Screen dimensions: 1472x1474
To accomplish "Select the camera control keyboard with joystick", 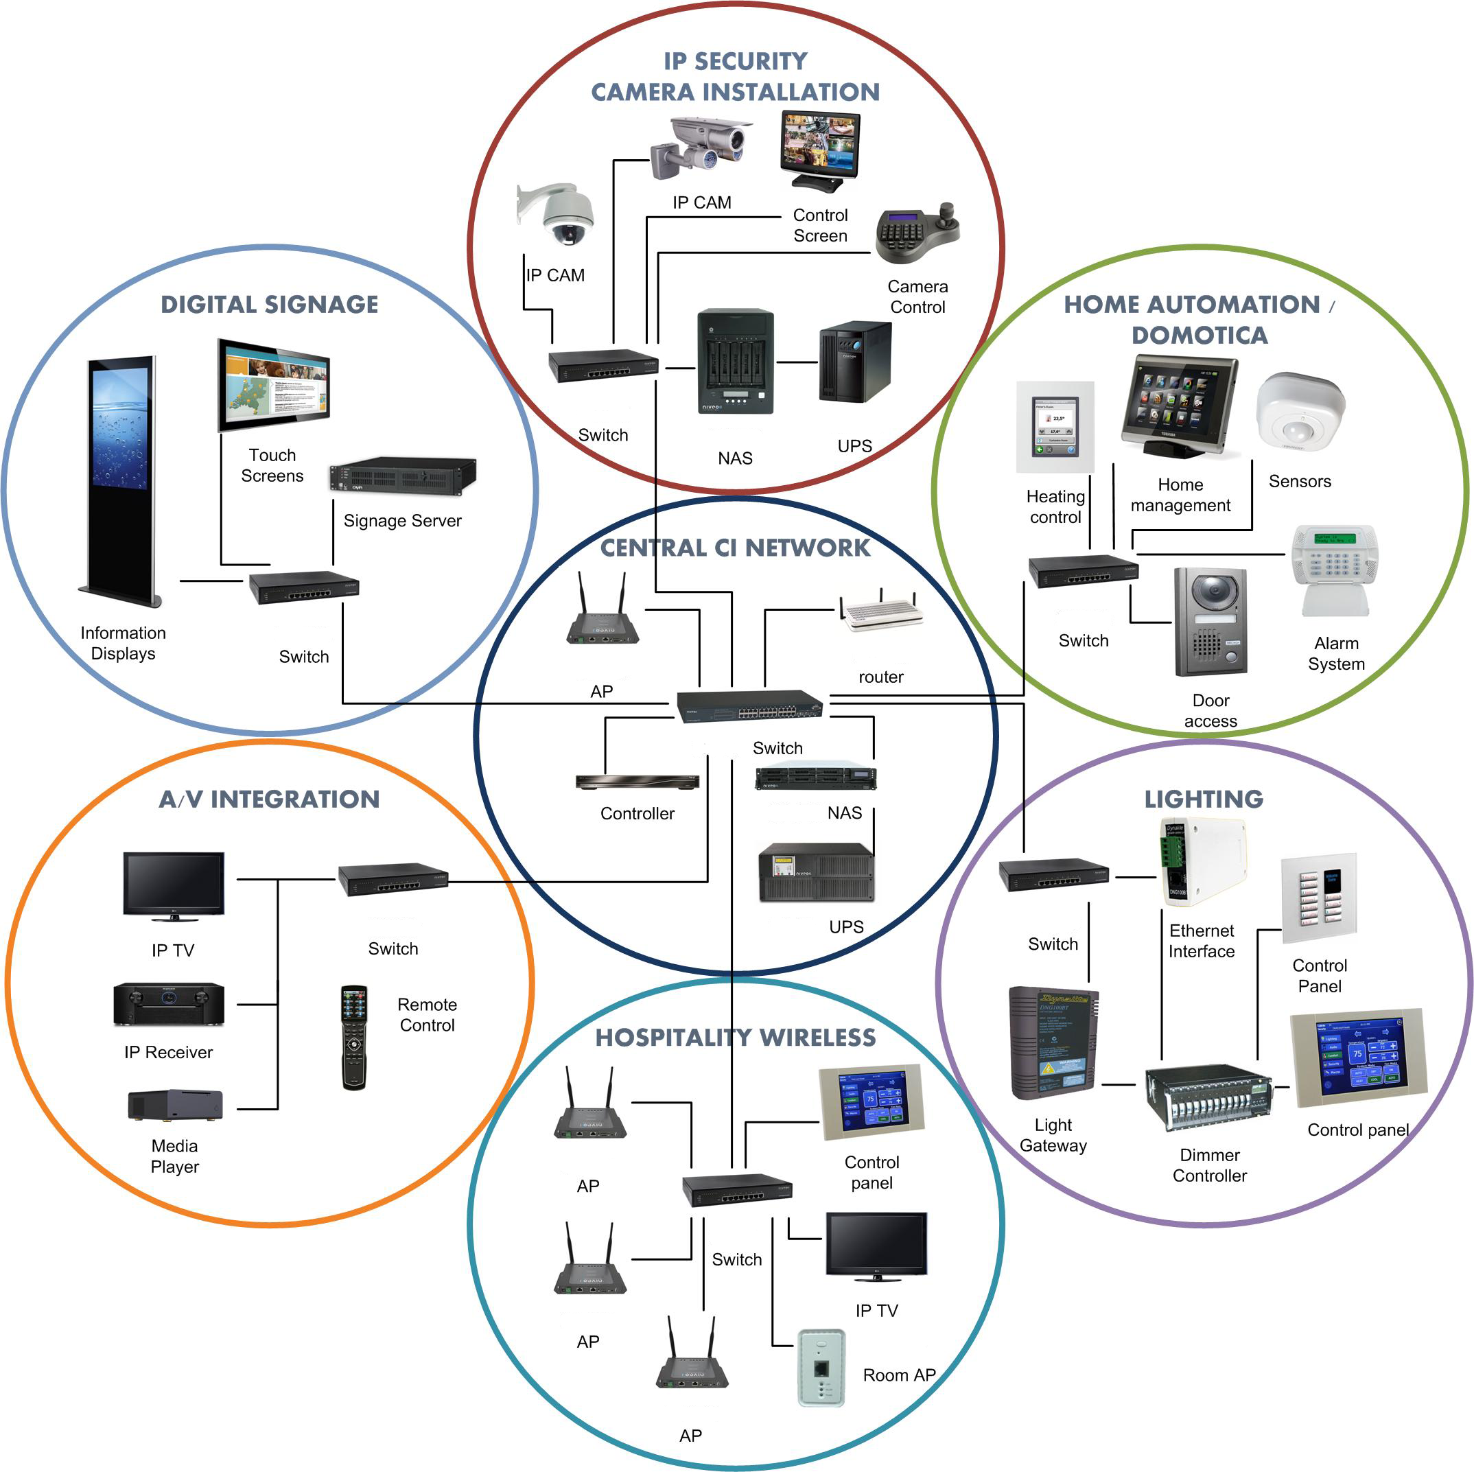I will (916, 233).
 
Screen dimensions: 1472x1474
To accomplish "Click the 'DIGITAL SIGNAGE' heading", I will (269, 305).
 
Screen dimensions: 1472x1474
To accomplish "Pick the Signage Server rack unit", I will (402, 476).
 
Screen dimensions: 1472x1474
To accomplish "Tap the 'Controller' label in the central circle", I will (637, 813).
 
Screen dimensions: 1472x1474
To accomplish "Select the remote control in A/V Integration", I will (354, 1037).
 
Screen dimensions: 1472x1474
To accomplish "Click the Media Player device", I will (176, 1105).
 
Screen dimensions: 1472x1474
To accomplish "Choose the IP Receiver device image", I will (169, 1003).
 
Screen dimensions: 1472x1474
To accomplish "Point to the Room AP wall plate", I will (821, 1368).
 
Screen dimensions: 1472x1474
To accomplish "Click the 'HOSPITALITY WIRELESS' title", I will (736, 1038).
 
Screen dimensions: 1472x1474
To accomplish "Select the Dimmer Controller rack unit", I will (1208, 1097).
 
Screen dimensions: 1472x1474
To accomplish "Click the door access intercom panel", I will (1210, 622).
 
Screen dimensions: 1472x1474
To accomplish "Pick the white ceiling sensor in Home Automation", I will (1300, 412).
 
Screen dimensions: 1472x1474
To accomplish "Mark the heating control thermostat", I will (1055, 427).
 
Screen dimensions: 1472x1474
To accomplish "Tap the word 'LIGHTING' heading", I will (1203, 799).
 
